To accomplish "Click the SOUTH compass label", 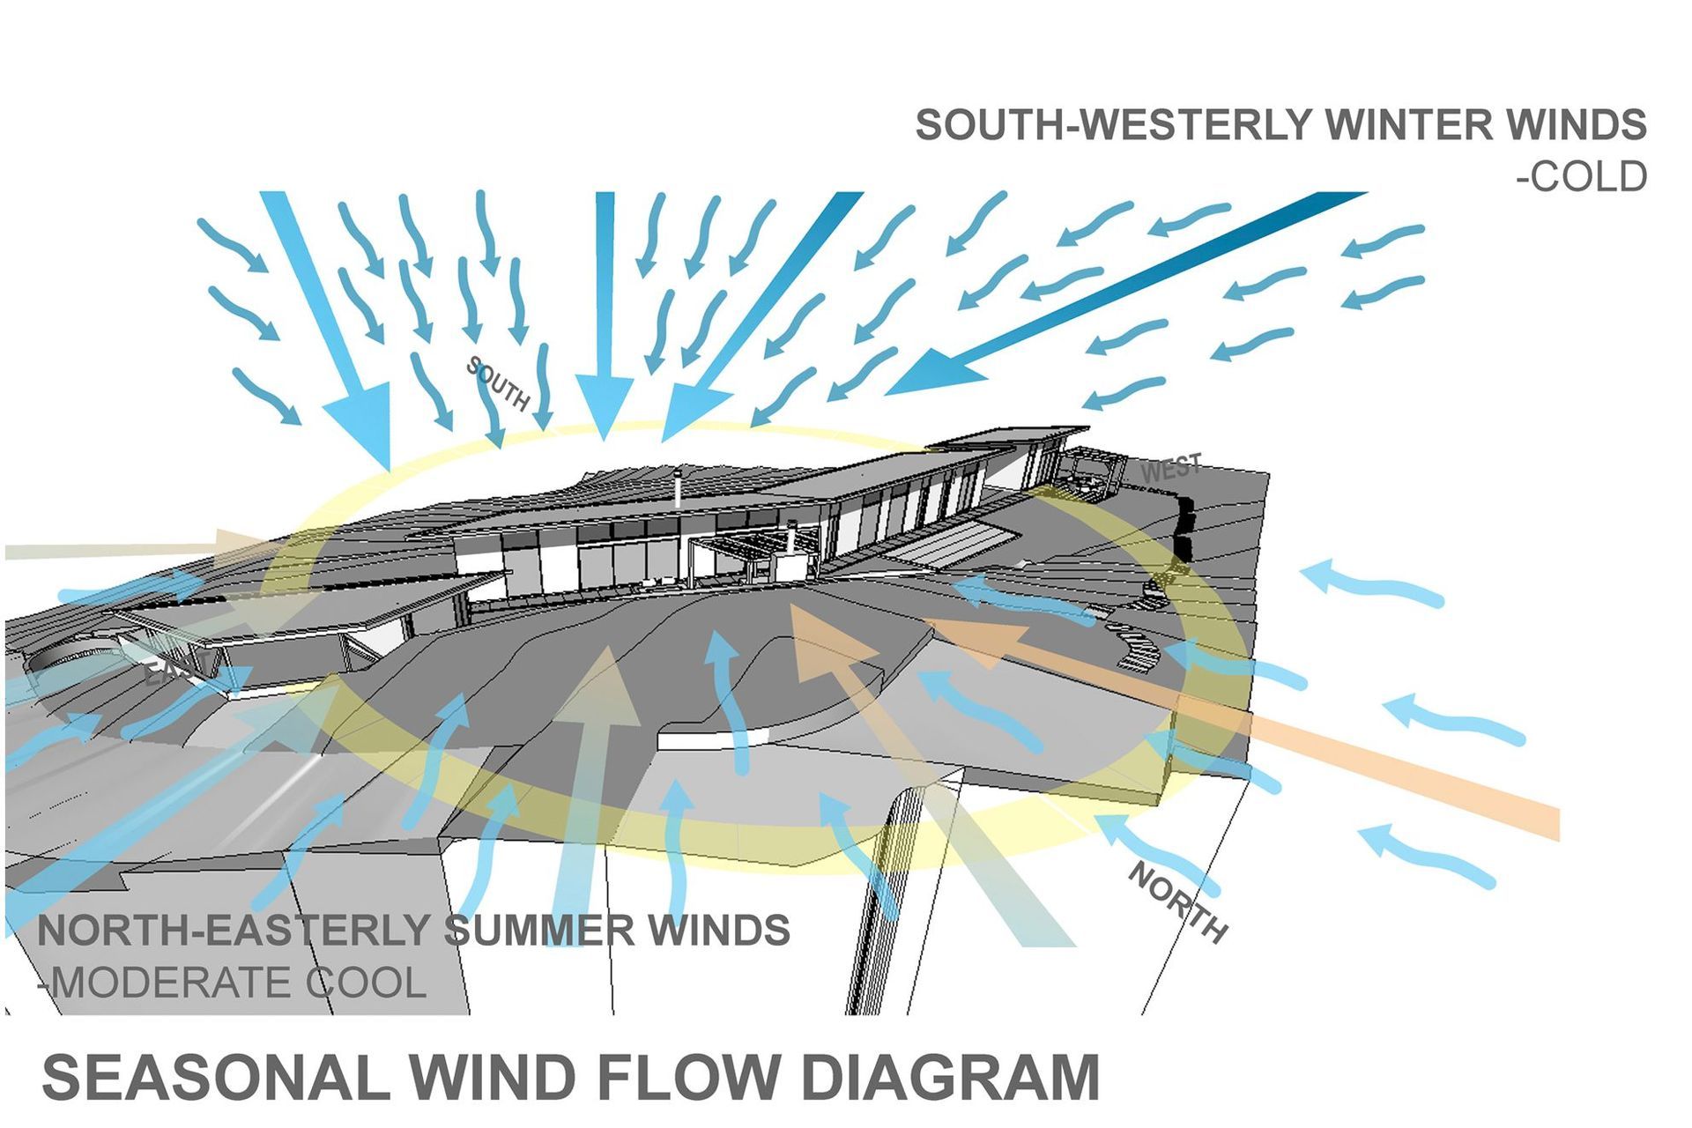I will click(499, 383).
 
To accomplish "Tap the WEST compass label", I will click(1171, 468).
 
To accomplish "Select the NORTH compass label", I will click(1178, 902).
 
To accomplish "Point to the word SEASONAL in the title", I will click(215, 1077).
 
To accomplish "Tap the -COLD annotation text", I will click(1581, 177).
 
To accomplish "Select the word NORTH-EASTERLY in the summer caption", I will click(238, 931).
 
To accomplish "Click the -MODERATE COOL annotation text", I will click(234, 983).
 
